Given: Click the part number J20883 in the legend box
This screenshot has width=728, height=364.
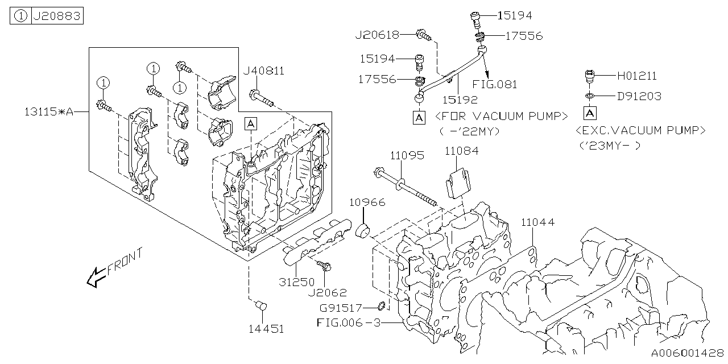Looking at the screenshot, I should click(57, 16).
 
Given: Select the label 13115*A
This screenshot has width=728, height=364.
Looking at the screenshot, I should click(49, 112).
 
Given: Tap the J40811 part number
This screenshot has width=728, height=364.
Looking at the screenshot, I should click(263, 71).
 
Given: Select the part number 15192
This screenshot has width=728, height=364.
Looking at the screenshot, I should click(460, 99).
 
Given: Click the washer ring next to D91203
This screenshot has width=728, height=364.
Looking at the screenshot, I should click(590, 96).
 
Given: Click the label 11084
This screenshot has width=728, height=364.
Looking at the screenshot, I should click(461, 151).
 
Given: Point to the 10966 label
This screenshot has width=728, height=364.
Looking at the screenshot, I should click(367, 202).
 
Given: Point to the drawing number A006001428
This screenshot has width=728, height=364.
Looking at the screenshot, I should click(687, 353).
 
